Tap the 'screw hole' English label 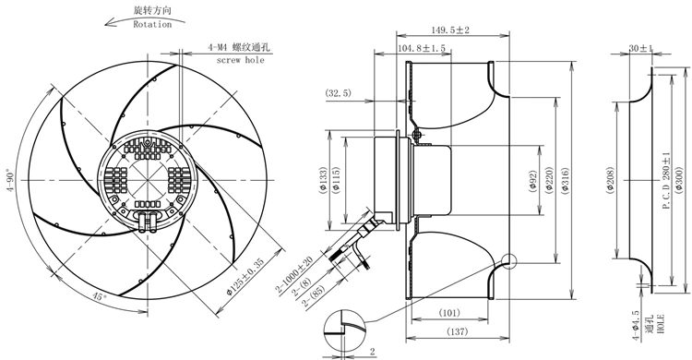240,60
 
